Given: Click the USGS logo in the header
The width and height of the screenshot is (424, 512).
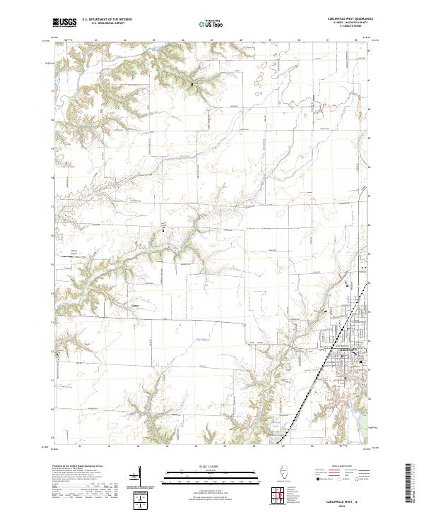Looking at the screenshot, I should [64, 23].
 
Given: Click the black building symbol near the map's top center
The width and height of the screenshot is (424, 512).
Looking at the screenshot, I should [192, 84].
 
